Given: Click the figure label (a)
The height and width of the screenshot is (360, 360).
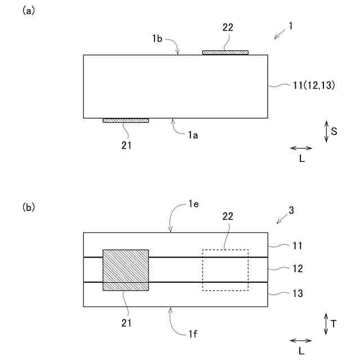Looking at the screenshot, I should pyautogui.click(x=28, y=11).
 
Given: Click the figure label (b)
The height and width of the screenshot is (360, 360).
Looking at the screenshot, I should pyautogui.click(x=28, y=207).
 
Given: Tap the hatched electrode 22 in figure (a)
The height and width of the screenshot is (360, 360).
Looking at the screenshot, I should pyautogui.click(x=225, y=52).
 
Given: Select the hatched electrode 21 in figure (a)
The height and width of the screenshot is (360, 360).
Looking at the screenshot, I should pyautogui.click(x=125, y=120).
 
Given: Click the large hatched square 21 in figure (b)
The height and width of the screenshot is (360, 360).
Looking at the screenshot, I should pyautogui.click(x=125, y=270).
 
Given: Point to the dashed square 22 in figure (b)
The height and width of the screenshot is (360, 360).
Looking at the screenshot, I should pyautogui.click(x=225, y=270).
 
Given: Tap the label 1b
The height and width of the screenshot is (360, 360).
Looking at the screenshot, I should pyautogui.click(x=157, y=39).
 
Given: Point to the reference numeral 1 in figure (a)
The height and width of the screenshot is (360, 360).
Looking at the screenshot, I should pyautogui.click(x=291, y=26).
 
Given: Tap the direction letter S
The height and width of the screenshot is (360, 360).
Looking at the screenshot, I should pyautogui.click(x=334, y=131).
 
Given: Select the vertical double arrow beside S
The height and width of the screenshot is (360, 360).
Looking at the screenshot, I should pyautogui.click(x=326, y=131).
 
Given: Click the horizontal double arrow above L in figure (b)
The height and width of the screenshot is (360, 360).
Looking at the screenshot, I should pyautogui.click(x=301, y=340).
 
